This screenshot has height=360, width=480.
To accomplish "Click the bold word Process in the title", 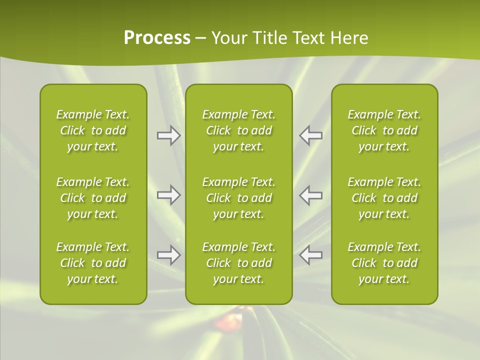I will (157, 38).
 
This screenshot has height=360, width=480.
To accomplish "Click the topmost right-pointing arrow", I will (168, 135).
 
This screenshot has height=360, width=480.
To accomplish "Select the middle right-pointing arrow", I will (168, 195).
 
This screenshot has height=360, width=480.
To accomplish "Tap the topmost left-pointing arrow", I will (310, 135).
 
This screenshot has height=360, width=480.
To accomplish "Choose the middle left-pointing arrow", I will (310, 195).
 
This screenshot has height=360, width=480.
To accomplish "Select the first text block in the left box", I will (93, 130).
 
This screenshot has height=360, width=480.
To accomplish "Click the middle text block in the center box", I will (238, 198).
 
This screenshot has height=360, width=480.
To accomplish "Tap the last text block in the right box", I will (384, 263).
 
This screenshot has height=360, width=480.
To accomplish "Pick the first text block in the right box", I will (384, 130).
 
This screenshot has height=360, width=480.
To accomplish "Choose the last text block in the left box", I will (93, 263).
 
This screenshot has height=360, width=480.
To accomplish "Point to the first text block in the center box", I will (238, 130).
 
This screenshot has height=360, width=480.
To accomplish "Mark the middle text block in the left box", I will (93, 198).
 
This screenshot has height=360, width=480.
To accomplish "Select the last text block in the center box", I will (238, 263).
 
